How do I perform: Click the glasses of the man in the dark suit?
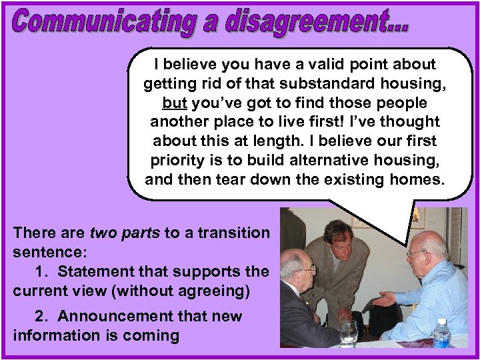[x=307, y=269]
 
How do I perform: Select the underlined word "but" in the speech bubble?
[x=175, y=103]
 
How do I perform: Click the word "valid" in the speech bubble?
[x=319, y=65]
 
